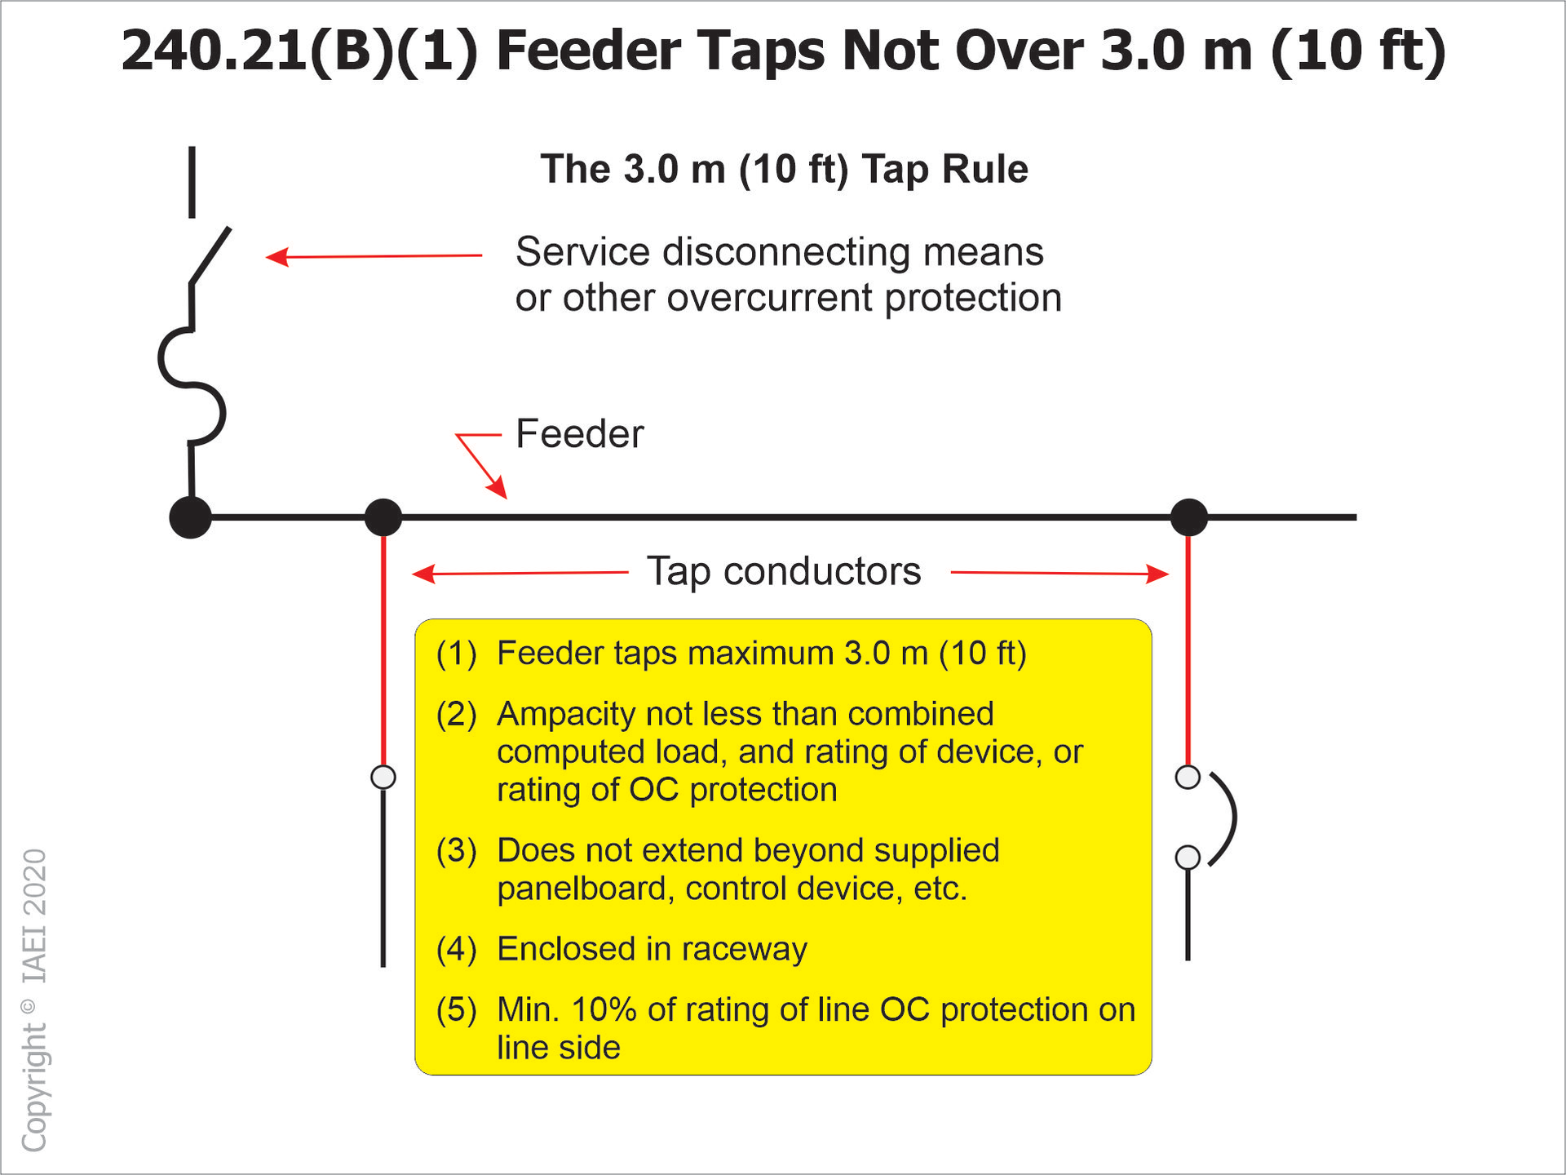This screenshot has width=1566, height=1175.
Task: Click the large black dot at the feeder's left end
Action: (x=190, y=517)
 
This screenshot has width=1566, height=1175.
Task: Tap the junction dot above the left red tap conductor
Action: (x=383, y=517)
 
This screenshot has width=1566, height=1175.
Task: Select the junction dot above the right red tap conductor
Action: (x=1188, y=517)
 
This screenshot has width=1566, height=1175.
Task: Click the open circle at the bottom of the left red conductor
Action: (x=383, y=777)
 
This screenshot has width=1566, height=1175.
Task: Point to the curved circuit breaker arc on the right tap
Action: (x=1226, y=818)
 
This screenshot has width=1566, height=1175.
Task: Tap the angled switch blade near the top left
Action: (x=210, y=256)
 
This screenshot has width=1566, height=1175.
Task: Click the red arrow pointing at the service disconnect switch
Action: (x=277, y=257)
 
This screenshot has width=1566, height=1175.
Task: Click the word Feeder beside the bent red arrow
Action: (x=579, y=434)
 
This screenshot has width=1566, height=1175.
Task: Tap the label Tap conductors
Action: (x=784, y=571)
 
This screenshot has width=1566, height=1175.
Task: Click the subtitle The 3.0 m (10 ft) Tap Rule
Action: (x=784, y=170)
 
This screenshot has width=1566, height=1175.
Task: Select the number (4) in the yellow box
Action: (x=456, y=949)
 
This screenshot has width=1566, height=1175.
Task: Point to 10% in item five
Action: (x=604, y=1009)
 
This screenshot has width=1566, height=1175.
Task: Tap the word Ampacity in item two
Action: (x=565, y=714)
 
